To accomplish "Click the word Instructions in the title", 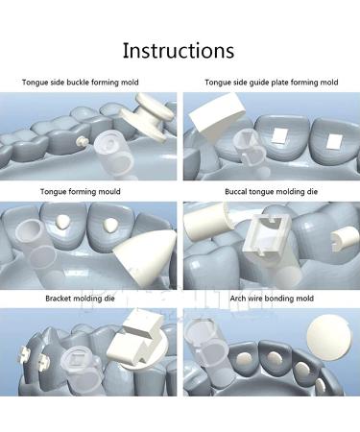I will click(180, 50).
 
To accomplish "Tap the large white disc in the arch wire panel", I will click(327, 337).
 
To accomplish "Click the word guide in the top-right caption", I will click(256, 84).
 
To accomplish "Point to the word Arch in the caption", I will click(218, 299).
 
